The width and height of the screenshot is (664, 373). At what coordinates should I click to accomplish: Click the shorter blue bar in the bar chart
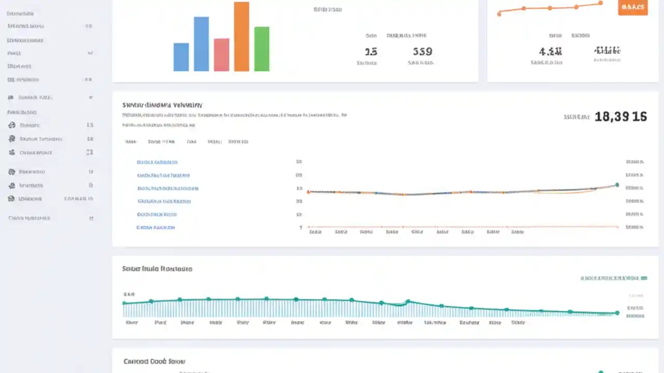(181, 57)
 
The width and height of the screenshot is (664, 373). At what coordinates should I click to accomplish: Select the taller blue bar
(201, 44)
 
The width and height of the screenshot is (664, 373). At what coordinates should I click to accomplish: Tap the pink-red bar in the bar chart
(222, 55)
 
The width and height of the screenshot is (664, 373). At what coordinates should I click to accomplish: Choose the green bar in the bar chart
(262, 49)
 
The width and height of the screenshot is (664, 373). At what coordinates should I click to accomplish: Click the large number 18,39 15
(620, 117)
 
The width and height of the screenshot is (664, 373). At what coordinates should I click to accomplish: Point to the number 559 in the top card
(422, 52)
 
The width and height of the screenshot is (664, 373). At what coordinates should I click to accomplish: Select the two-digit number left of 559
(371, 52)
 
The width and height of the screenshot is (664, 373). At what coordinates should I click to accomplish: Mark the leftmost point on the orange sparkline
(499, 14)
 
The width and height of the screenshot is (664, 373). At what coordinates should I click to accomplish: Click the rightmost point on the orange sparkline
(601, 3)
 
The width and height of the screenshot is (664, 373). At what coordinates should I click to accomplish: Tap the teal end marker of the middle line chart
(617, 185)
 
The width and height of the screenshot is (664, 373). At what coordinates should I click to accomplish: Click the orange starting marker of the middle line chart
(308, 192)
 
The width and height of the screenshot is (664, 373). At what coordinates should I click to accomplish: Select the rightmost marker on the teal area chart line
(617, 313)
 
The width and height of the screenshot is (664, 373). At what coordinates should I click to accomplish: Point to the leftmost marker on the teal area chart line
(124, 303)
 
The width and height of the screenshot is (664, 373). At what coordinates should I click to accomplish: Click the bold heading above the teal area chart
(157, 269)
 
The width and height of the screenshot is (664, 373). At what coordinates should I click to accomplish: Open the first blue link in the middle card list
(157, 162)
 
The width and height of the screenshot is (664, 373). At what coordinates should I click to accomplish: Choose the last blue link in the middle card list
(156, 227)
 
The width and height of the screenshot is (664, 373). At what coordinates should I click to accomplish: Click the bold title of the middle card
(162, 105)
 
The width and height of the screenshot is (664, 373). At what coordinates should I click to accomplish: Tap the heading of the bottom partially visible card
(154, 361)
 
